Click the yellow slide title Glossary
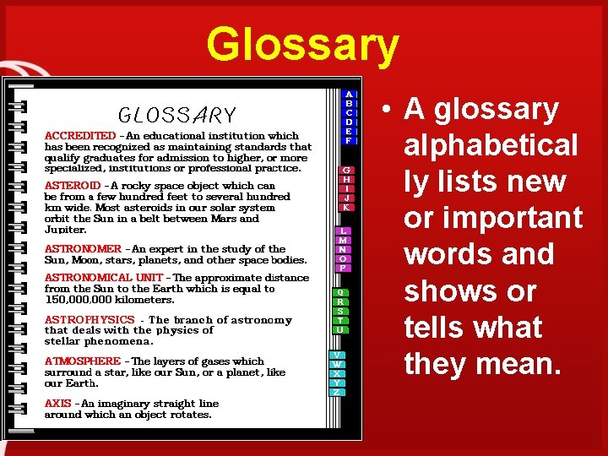pyautogui.click(x=302, y=45)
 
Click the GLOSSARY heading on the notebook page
pyautogui.click(x=177, y=115)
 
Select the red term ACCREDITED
pyautogui.click(x=80, y=135)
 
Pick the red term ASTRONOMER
pyautogui.click(x=83, y=249)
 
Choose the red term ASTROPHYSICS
pyautogui.click(x=90, y=320)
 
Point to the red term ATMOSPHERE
pyautogui.click(x=83, y=361)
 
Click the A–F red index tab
pyautogui.click(x=349, y=117)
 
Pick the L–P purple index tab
pyautogui.click(x=342, y=249)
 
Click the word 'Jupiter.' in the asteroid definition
pyautogui.click(x=65, y=230)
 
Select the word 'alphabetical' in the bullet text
pyautogui.click(x=491, y=145)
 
